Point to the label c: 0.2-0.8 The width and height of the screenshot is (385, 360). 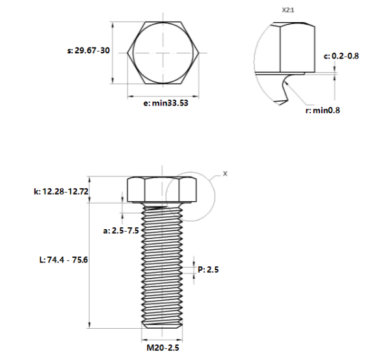(x=341, y=56)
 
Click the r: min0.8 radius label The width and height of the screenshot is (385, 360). (x=323, y=110)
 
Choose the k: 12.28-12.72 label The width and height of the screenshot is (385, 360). (x=60, y=191)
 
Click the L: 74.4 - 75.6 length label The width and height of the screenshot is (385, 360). (x=64, y=259)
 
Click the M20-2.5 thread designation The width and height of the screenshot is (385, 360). (x=162, y=348)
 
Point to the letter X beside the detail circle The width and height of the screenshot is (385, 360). (x=225, y=174)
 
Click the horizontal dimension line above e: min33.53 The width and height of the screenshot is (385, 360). (x=162, y=95)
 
